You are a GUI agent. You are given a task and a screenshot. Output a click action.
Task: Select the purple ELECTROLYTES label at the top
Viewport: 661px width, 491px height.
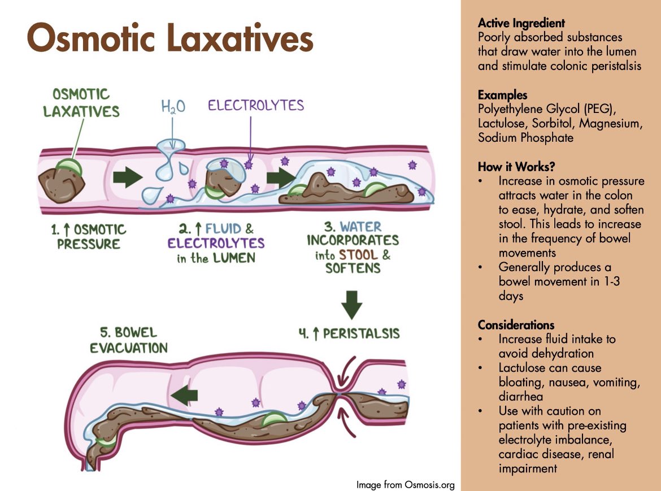255,105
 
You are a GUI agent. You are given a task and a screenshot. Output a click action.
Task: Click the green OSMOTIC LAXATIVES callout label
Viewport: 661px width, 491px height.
81,102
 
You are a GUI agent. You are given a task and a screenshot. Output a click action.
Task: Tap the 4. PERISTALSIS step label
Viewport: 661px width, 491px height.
349,333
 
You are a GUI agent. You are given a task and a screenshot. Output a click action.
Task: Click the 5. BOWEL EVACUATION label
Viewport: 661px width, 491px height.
129,340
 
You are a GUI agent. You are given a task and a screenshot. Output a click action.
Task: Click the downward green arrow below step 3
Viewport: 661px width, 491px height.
351,305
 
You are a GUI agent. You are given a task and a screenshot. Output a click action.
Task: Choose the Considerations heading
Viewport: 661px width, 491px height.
516,325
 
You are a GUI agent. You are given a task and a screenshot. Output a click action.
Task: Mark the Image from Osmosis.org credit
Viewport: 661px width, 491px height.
405,484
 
